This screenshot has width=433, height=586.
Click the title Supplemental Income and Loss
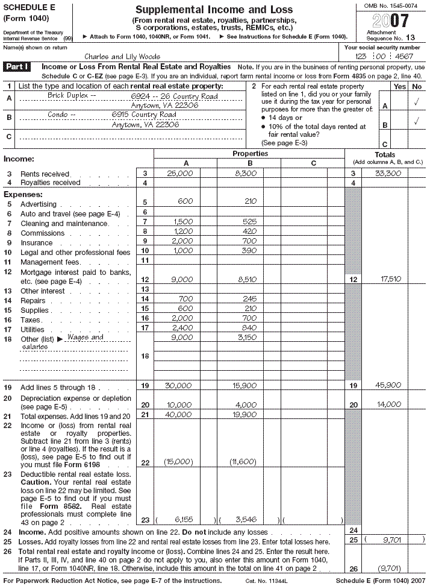(x=214, y=10)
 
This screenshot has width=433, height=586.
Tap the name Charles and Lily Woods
(x=122, y=56)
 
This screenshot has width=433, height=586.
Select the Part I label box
(x=19, y=67)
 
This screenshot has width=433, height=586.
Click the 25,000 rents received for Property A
(x=180, y=174)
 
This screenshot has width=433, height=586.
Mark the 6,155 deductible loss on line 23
(x=181, y=520)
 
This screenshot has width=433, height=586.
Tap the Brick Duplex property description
(x=72, y=96)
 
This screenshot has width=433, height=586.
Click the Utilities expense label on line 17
(x=33, y=330)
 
